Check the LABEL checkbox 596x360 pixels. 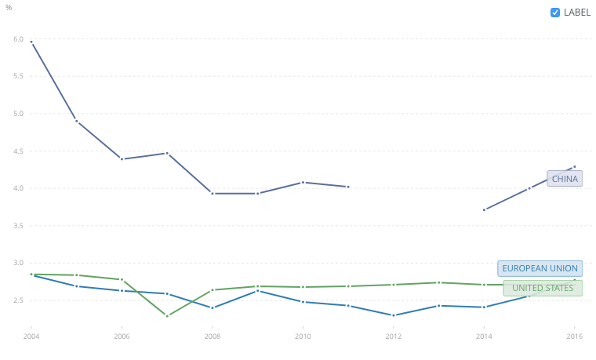click(x=555, y=13)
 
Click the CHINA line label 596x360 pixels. click(x=565, y=179)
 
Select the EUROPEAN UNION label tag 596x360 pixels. click(x=540, y=268)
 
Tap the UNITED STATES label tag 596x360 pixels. click(x=543, y=288)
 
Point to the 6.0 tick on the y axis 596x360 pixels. click(x=18, y=38)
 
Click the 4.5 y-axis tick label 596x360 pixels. click(x=18, y=151)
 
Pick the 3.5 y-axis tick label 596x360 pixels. click(x=18, y=225)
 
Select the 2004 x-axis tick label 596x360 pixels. click(x=31, y=336)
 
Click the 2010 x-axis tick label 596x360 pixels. click(x=303, y=336)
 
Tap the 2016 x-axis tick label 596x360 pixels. click(x=575, y=336)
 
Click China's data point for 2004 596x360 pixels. click(x=31, y=42)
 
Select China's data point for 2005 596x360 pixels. click(x=77, y=121)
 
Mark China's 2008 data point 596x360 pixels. click(x=213, y=193)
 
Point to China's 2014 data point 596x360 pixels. click(x=485, y=209)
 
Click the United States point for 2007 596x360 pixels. click(x=167, y=316)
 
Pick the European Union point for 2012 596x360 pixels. click(x=394, y=315)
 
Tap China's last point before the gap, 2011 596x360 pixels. click(x=348, y=187)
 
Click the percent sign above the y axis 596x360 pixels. click(x=9, y=8)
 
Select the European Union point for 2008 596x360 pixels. click(x=213, y=307)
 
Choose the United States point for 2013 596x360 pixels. click(x=439, y=282)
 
